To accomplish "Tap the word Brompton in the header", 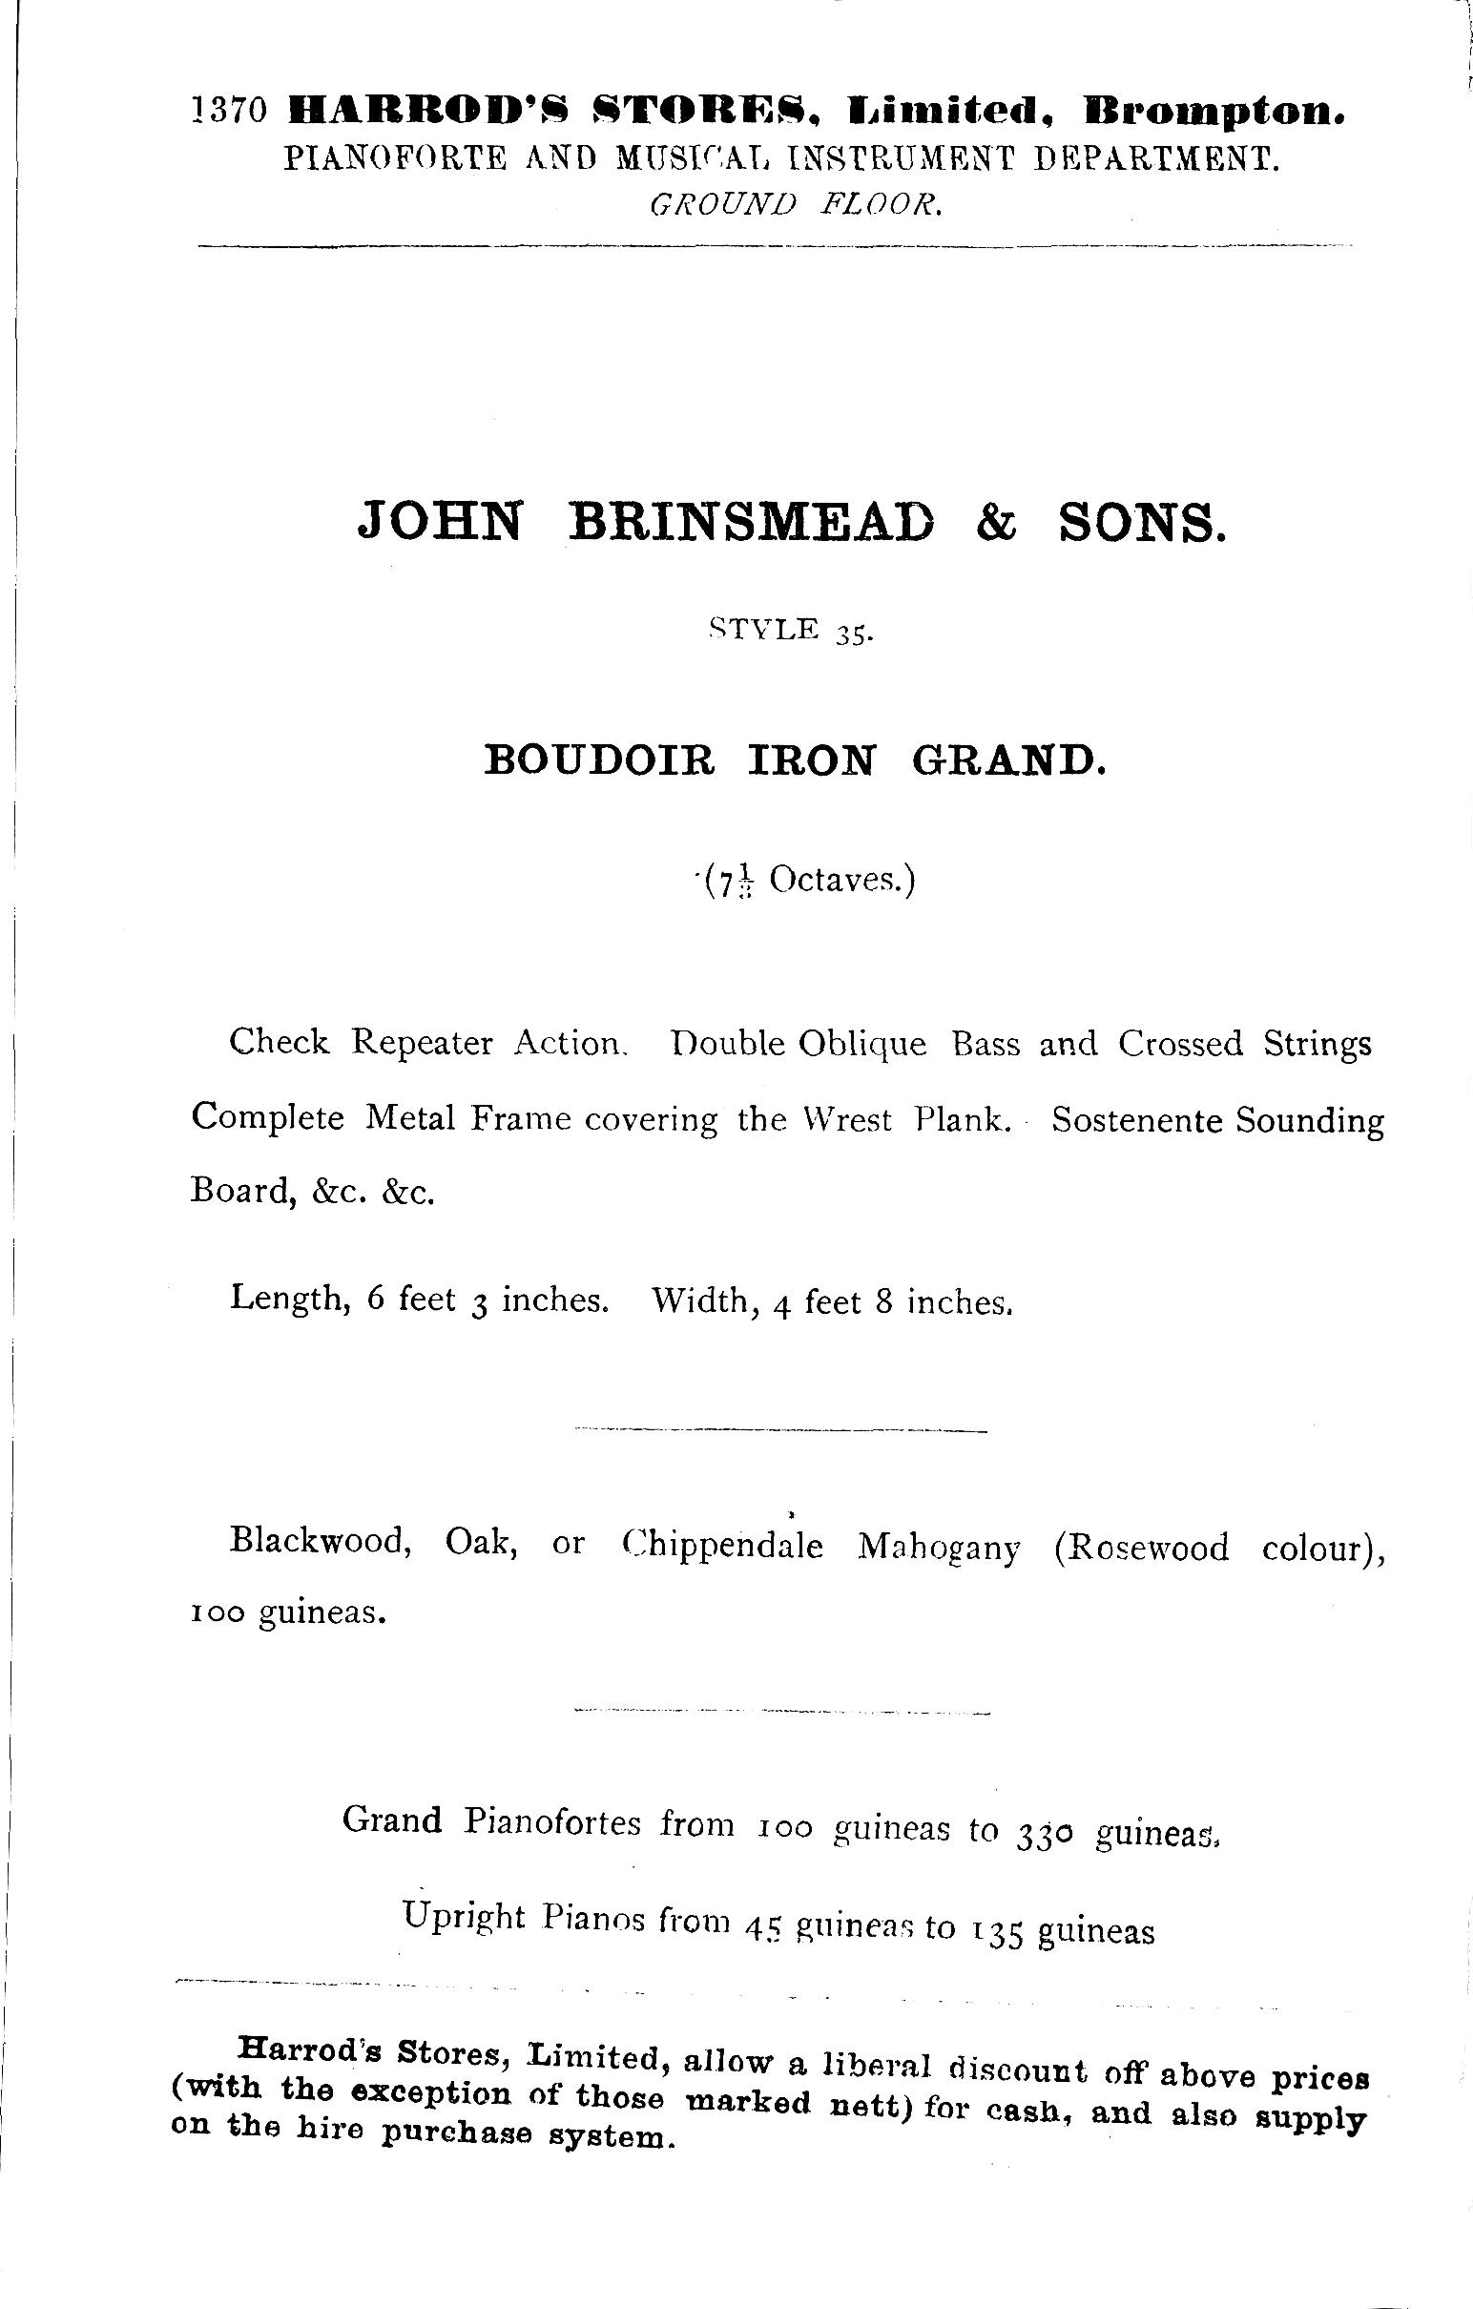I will (1214, 113).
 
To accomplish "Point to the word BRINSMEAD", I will (751, 523).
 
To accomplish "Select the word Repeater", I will (421, 1042).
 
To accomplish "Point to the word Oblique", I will (862, 1044).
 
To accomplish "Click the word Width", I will (699, 1300).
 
